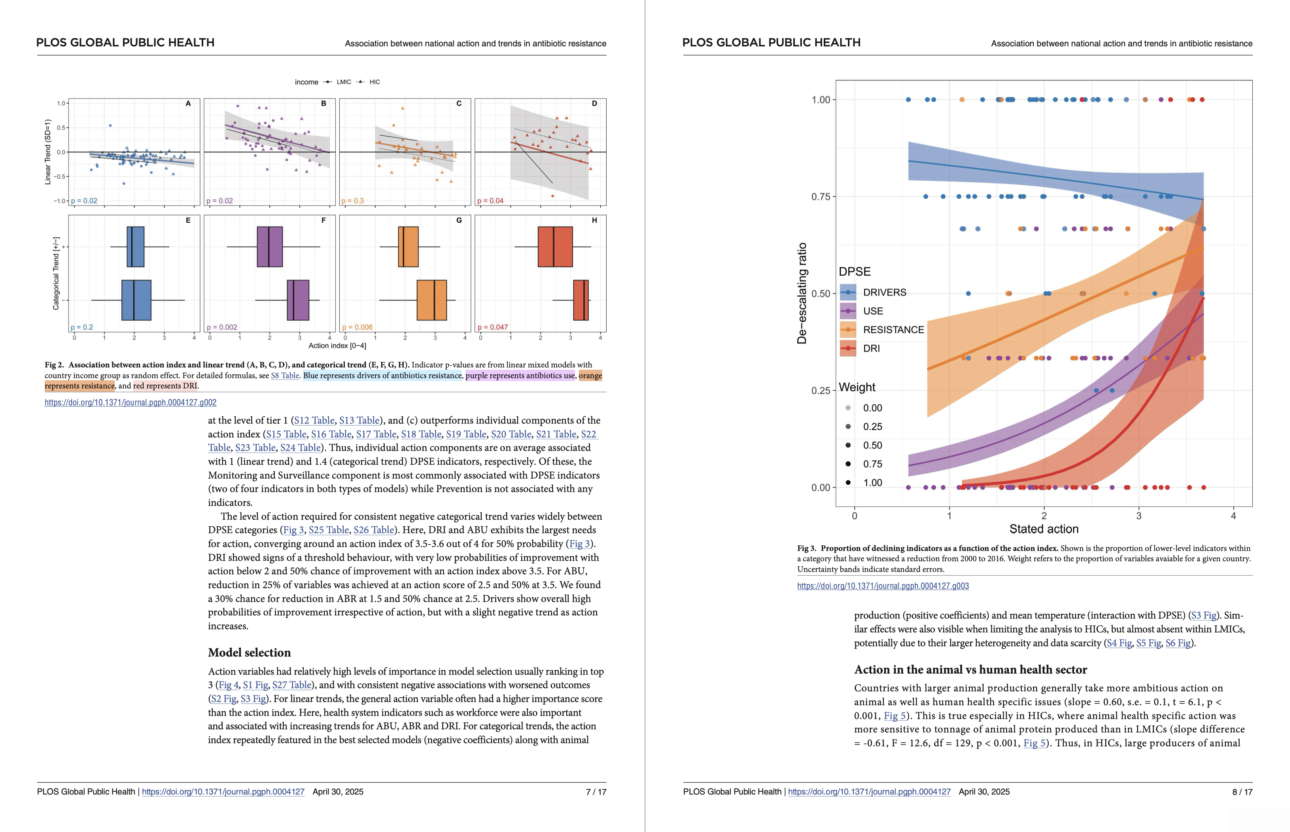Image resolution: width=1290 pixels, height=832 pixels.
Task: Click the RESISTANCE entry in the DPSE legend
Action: coord(893,329)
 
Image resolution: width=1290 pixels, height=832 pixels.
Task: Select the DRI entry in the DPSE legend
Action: coord(871,348)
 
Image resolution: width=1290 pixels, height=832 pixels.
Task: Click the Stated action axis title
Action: coord(1044,529)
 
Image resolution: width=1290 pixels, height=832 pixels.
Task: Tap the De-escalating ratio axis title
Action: coord(802,293)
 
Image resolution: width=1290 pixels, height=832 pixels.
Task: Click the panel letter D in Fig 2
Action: coord(594,104)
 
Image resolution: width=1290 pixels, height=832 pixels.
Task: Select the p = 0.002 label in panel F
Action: coord(222,327)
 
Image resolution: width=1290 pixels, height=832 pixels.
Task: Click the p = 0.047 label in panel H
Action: coord(493,327)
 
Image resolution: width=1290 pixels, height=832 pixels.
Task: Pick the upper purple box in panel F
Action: coord(270,247)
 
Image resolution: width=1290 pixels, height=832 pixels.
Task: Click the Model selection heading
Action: coord(249,652)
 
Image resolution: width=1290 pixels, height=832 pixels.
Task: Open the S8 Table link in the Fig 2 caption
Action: coord(285,376)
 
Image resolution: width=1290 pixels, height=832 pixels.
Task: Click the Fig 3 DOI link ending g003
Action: coord(883,586)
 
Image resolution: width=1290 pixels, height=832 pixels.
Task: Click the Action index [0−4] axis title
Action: coord(337,346)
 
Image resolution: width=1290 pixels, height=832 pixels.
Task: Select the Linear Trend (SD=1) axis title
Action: coord(47,152)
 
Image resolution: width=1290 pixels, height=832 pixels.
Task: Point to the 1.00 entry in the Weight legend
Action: coord(872,482)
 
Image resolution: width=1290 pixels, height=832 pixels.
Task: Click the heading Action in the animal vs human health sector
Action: coord(970,669)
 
